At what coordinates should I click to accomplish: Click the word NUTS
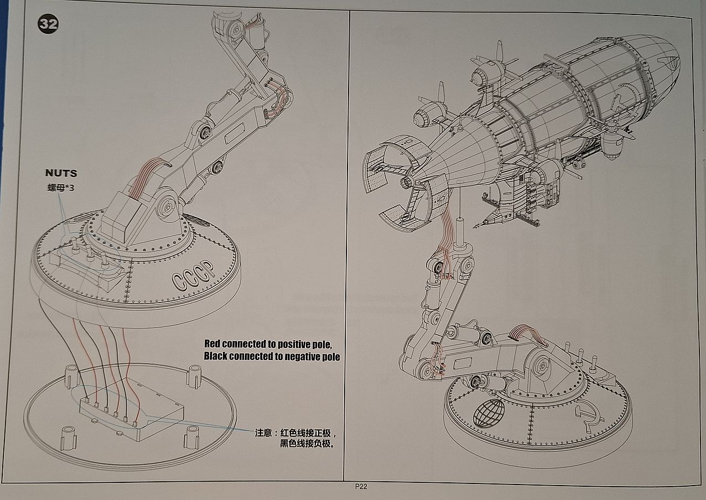tap(61, 173)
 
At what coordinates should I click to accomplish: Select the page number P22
tap(361, 487)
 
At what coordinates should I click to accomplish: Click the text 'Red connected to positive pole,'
tap(268, 344)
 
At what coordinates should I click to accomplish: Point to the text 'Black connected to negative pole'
tap(272, 356)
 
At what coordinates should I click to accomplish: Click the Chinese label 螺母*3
tap(61, 187)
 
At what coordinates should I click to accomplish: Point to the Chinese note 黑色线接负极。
tap(308, 444)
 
